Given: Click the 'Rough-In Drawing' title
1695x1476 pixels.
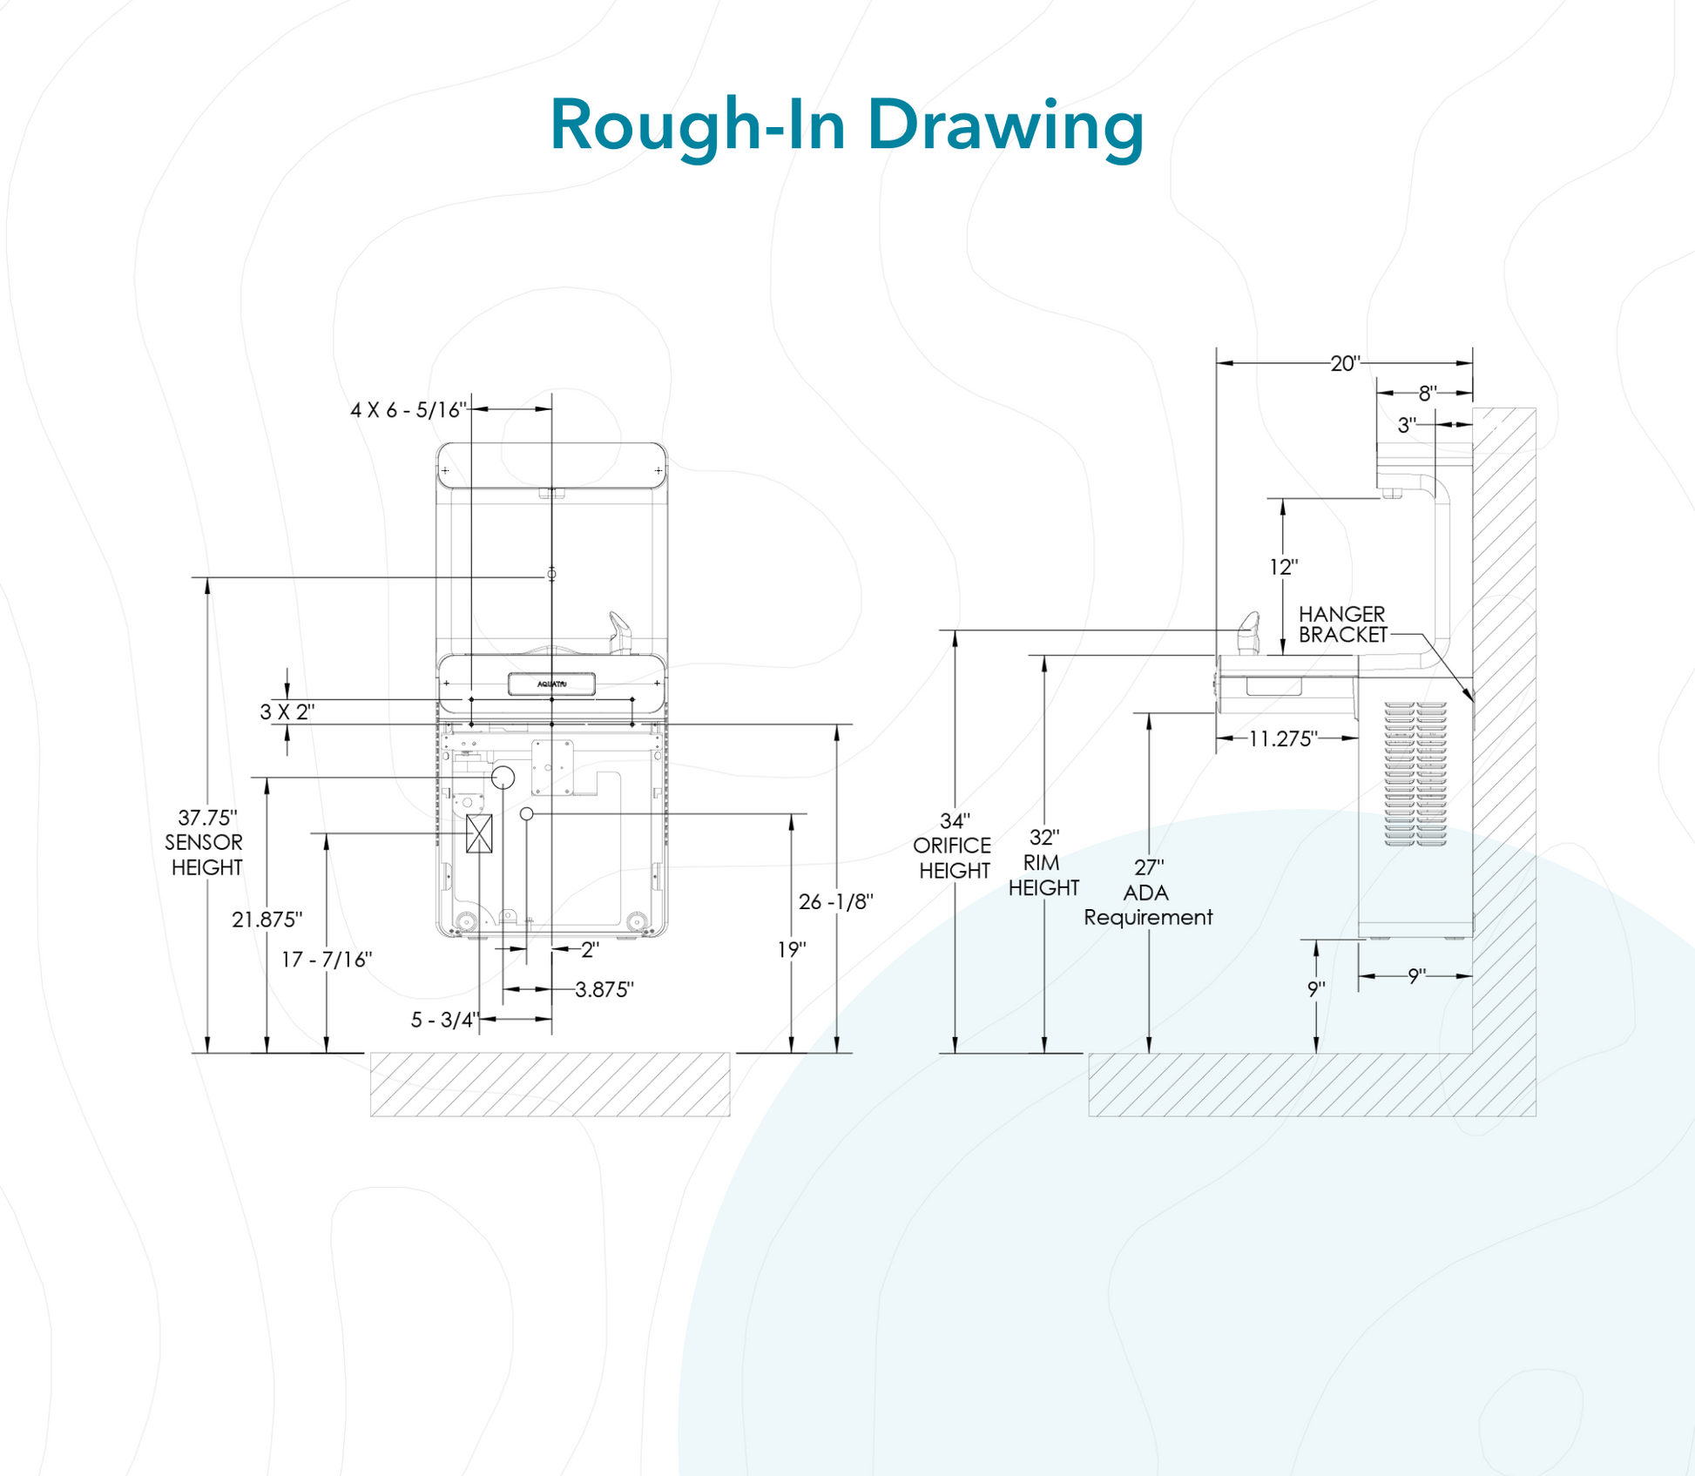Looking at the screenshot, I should tap(847, 125).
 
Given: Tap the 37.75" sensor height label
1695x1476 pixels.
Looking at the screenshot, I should tap(206, 842).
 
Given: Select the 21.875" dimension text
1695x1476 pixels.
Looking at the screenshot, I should tap(267, 920).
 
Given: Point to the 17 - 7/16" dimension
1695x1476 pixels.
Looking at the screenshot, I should tap(326, 960).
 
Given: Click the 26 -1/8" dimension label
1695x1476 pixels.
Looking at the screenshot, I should tap(835, 902).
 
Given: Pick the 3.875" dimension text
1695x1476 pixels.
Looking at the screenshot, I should tap(604, 990).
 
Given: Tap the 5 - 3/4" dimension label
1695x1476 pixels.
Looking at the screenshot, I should tap(444, 1020).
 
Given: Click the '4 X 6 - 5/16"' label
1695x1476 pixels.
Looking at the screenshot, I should tap(408, 410).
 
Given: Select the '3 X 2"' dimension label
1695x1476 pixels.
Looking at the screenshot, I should tap(287, 712).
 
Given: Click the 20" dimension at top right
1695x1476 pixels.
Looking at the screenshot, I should tap(1344, 363).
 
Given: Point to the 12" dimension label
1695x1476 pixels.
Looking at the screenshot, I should tap(1283, 568).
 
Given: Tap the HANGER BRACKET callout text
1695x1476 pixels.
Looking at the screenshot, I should tap(1342, 624).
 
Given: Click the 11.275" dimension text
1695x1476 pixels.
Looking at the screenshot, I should tap(1282, 739).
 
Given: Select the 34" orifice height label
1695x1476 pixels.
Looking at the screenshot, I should tap(953, 846).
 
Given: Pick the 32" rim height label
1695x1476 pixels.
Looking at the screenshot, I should tap(1043, 862).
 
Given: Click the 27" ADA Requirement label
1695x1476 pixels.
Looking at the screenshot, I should tap(1148, 893).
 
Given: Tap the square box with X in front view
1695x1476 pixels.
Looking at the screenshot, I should tap(479, 833).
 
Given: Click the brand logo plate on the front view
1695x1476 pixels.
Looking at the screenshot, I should tap(551, 684).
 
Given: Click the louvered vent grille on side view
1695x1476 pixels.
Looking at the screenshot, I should tap(1415, 773).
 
